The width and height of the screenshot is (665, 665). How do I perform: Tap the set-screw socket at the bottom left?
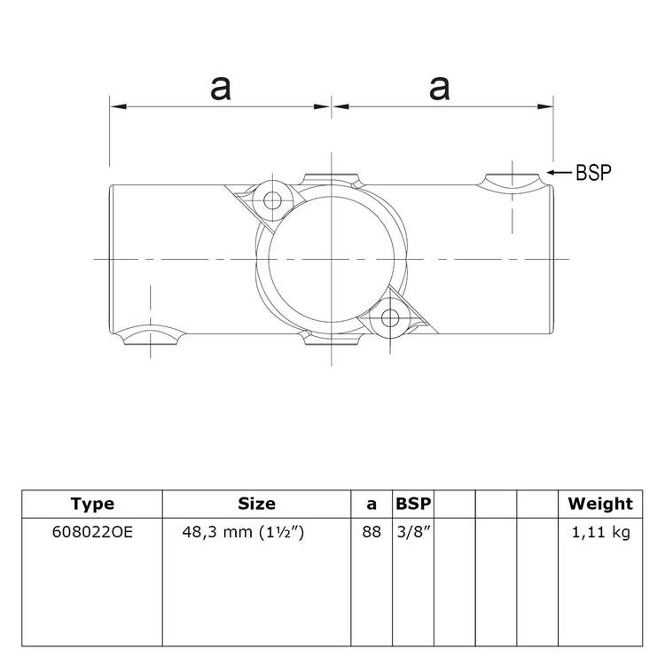(151, 337)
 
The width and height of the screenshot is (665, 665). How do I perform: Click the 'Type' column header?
(92, 504)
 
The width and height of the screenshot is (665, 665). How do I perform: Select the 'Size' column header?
(256, 504)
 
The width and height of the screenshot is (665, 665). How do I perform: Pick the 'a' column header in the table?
(372, 504)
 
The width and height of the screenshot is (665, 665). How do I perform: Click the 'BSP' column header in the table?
(413, 504)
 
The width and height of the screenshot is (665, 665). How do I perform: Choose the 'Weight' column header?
(600, 504)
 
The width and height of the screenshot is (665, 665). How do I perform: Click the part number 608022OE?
(92, 534)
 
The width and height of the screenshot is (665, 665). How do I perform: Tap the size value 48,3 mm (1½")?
(256, 534)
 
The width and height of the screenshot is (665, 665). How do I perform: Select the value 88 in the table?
(372, 534)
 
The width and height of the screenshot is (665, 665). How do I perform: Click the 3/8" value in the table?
(411, 534)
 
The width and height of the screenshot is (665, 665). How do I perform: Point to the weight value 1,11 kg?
(600, 534)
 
